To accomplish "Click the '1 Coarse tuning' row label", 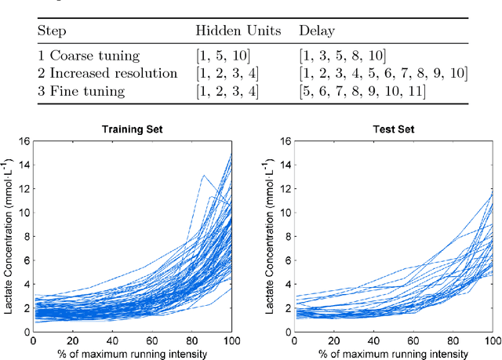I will [88, 55].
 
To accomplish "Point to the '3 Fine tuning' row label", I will [82, 91].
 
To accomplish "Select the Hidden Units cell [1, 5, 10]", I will [226, 55].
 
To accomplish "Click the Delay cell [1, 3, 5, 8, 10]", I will [344, 55].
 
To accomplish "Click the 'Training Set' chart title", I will [133, 128].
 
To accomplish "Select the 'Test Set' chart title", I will [392, 128].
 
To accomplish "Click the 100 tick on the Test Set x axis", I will [492, 340].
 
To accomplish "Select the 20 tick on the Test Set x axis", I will [333, 340].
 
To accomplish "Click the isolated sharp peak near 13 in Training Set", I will [203, 176].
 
